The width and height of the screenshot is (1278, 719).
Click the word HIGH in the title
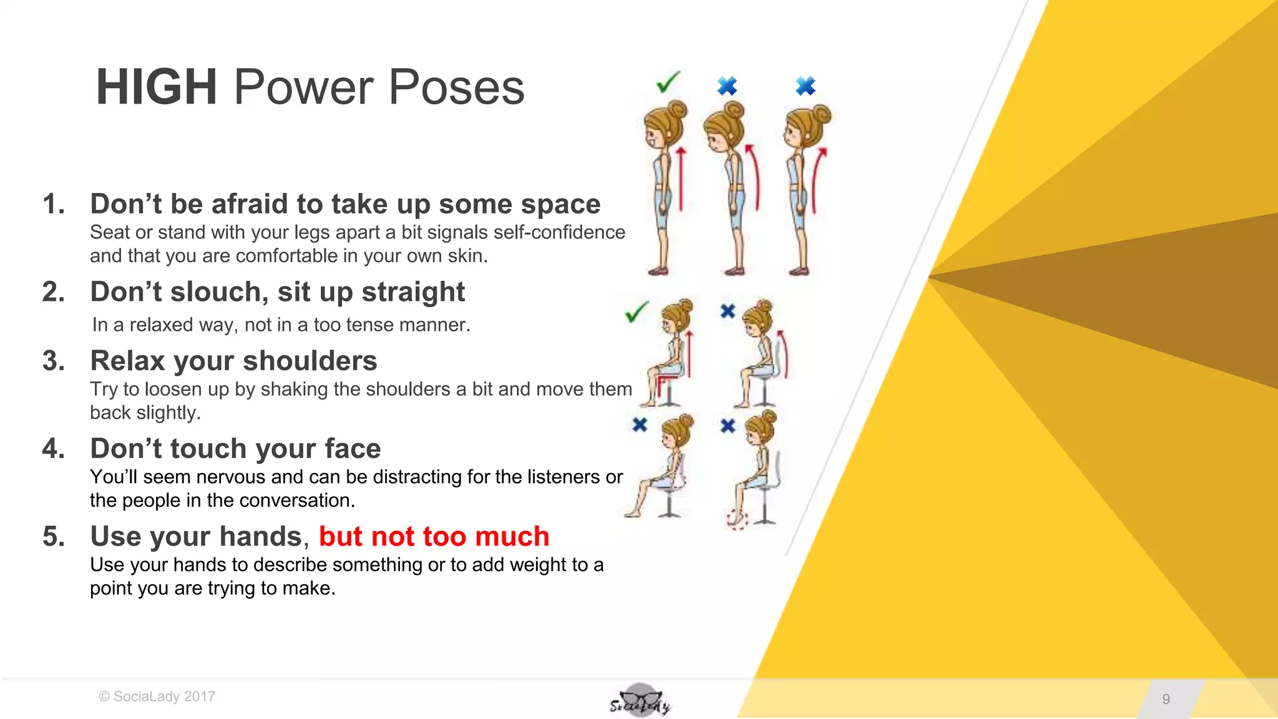156,87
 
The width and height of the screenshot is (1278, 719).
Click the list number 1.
53,204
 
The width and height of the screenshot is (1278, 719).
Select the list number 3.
53,361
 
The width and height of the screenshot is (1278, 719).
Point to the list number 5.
53,537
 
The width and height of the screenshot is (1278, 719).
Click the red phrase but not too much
434,537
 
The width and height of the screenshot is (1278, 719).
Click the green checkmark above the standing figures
668,82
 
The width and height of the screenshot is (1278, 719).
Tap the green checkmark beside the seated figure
637,311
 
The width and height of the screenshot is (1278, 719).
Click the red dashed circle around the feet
737,519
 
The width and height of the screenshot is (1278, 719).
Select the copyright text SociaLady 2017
157,697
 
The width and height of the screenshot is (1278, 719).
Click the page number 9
1166,699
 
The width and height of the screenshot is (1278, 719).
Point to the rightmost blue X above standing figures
806,86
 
